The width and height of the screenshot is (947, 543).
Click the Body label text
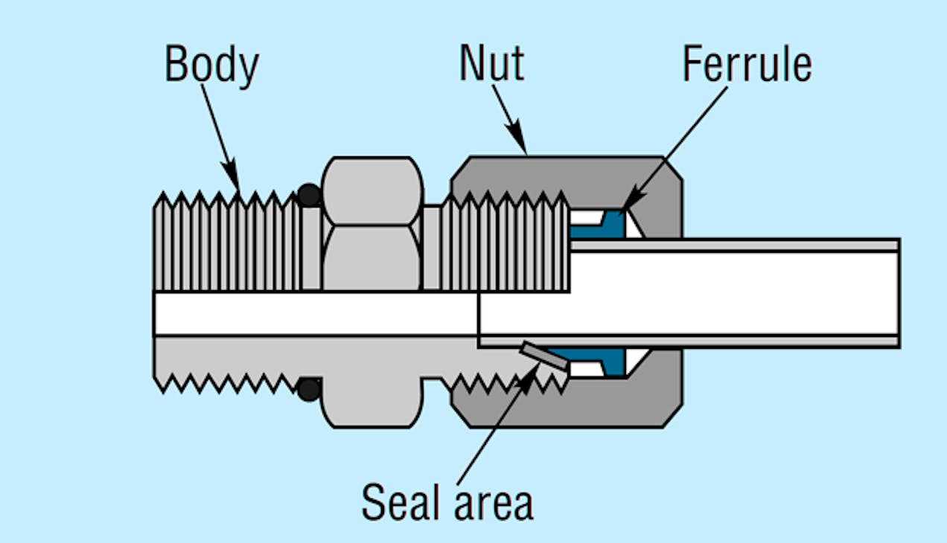pos(211,65)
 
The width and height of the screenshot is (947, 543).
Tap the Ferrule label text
pos(747,65)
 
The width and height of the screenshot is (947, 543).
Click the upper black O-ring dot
pos(310,196)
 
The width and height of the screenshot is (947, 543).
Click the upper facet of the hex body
pos(373,190)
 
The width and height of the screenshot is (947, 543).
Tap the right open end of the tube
pos(898,293)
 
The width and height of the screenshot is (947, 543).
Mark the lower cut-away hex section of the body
pos(372,387)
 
